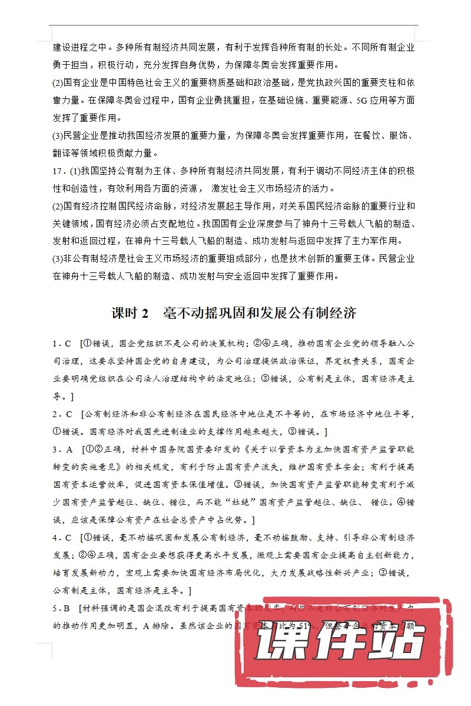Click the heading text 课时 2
[x=129, y=312]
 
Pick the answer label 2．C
[x=61, y=415]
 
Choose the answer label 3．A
[x=61, y=450]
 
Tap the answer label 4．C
[x=61, y=538]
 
